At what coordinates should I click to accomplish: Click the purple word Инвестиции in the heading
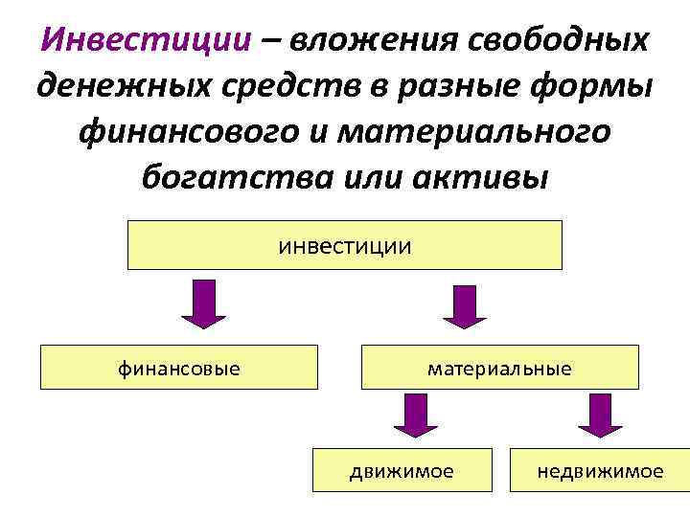click(147, 40)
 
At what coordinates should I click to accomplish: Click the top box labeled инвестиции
click(345, 246)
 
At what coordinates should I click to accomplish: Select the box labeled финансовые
click(179, 368)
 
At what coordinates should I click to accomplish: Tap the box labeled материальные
click(499, 368)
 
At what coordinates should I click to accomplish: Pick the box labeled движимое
click(402, 470)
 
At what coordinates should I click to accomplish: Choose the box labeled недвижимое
click(600, 470)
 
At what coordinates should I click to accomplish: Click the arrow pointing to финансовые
click(203, 305)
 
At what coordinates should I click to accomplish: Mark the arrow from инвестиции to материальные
click(463, 305)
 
